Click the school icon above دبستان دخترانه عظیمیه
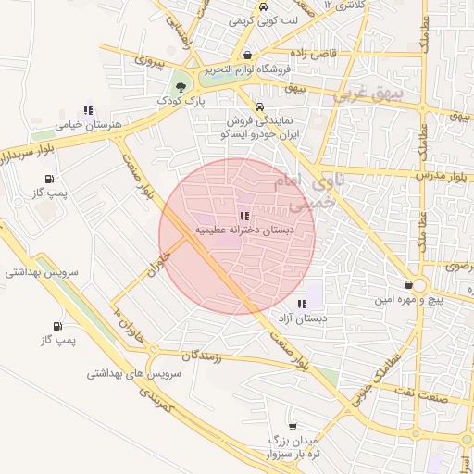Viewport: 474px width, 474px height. pyautogui.click(x=244, y=216)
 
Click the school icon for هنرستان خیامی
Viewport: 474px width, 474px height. pyautogui.click(x=88, y=111)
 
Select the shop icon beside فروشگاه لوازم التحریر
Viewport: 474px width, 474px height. pyautogui.click(x=247, y=55)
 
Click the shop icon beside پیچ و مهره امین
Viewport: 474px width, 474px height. pyautogui.click(x=408, y=285)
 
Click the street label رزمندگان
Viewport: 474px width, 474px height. pyautogui.click(x=202, y=355)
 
